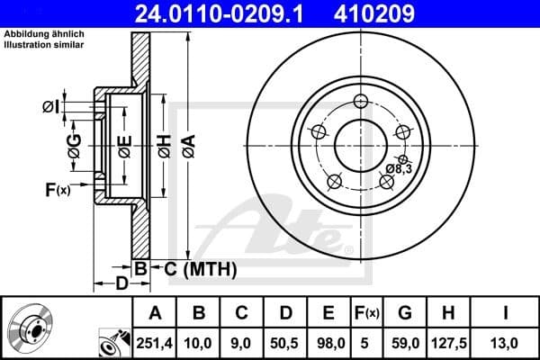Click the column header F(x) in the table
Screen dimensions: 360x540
tap(368, 313)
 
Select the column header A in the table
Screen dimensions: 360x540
tap(155, 313)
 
